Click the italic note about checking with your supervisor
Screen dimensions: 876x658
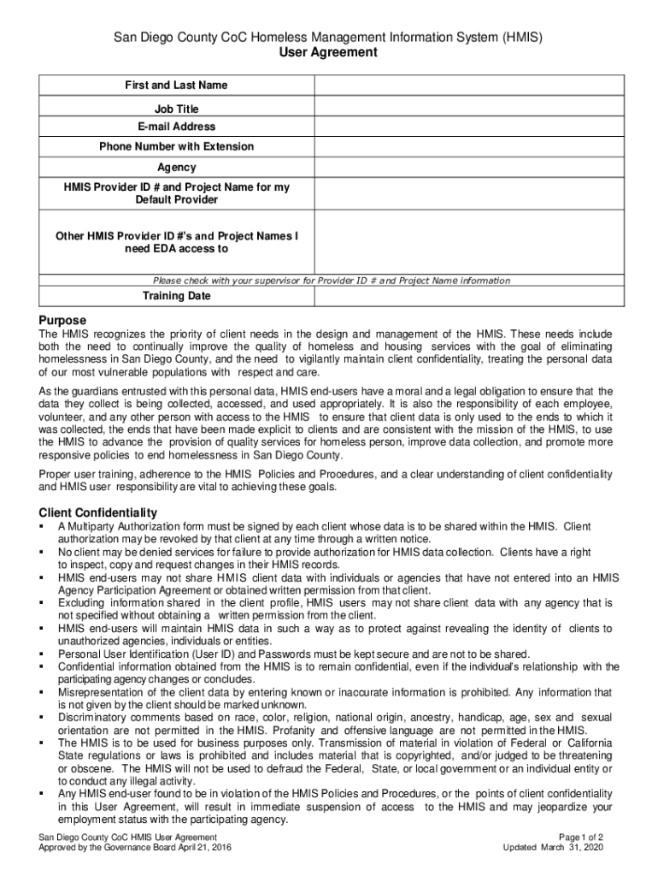(331, 281)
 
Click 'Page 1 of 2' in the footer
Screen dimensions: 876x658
(580, 837)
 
